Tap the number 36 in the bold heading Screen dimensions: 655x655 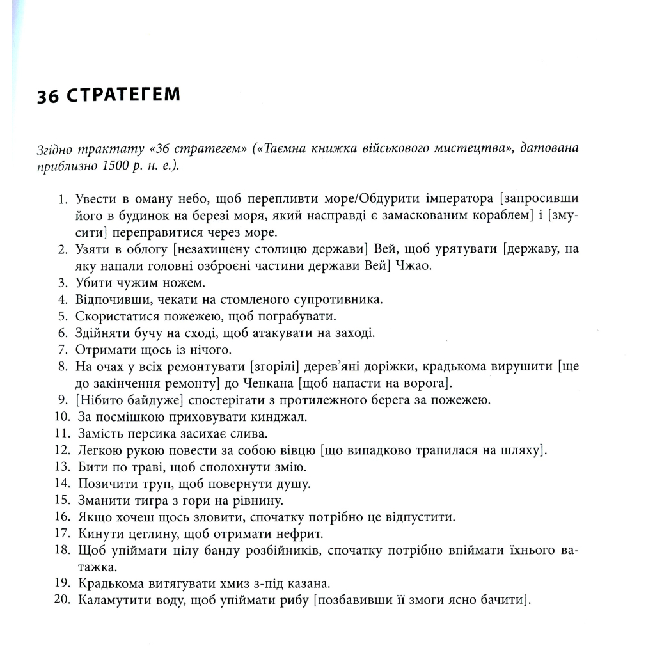[48, 95]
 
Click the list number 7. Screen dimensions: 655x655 [62, 349]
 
